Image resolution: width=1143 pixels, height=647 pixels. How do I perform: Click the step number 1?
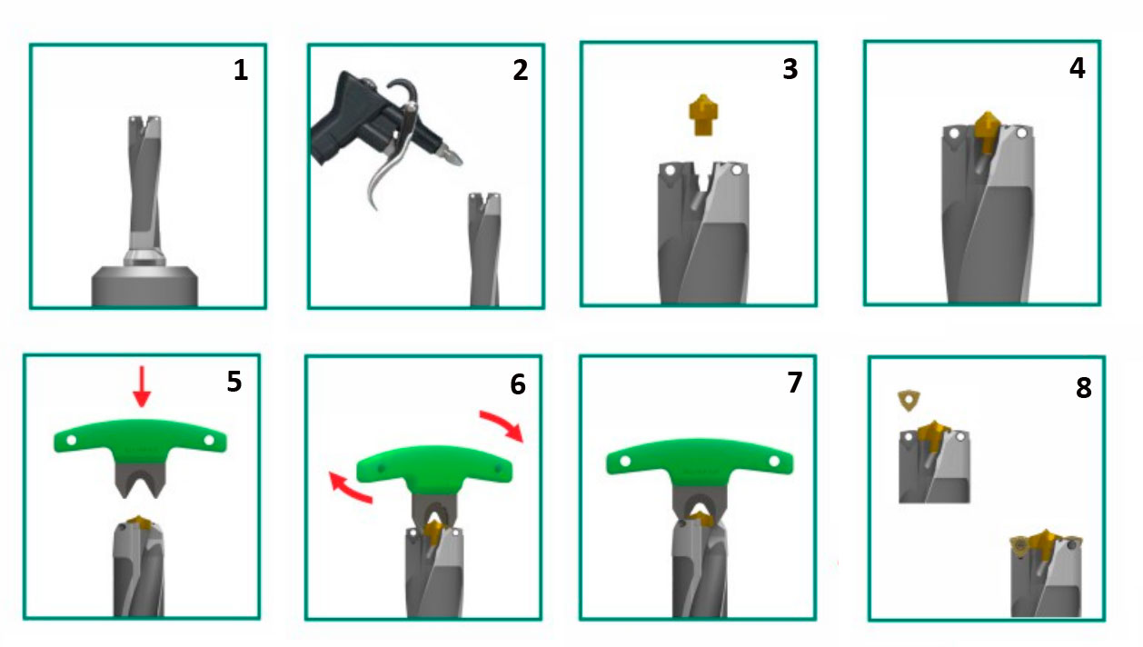coord(241,70)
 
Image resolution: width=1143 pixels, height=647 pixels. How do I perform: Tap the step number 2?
coord(521,70)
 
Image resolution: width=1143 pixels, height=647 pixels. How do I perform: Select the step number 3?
coord(790,69)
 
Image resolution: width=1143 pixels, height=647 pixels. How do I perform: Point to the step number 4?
coord(1078,68)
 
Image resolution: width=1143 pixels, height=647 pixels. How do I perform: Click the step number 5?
coord(234,381)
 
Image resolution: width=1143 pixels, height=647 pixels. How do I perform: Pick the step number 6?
coord(518,384)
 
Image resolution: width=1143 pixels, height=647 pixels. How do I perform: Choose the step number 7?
coord(795,383)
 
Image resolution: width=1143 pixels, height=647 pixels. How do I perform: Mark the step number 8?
coord(1083,388)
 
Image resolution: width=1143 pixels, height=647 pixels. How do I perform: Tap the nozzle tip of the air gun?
coord(458,159)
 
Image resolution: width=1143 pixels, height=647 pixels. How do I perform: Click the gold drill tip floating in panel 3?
coord(703,115)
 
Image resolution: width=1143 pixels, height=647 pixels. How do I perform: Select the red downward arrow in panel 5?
coord(142,387)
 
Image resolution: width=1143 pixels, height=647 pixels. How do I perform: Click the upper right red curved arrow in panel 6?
coord(502,424)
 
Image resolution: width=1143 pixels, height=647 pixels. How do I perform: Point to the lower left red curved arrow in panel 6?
coord(349,488)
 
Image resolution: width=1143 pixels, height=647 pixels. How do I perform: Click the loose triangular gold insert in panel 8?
coord(909,401)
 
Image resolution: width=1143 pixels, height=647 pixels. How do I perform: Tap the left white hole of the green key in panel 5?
coord(72,440)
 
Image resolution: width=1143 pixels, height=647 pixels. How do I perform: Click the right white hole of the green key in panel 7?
coord(774,462)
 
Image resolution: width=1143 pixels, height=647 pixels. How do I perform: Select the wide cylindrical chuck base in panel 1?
coord(144,286)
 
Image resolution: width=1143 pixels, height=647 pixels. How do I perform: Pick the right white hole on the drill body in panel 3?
coord(736,171)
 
